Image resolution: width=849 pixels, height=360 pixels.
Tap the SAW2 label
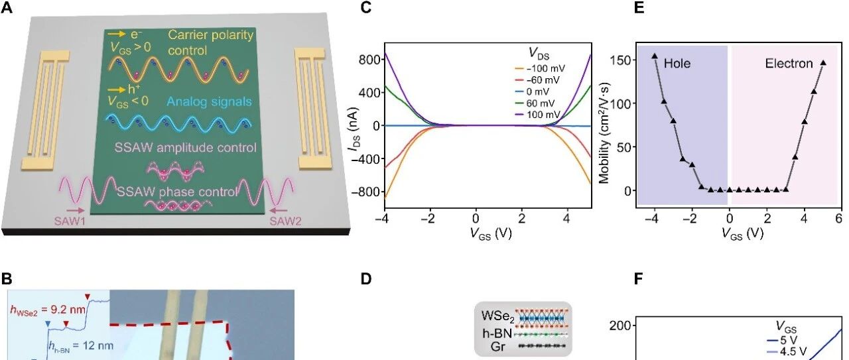click(x=287, y=222)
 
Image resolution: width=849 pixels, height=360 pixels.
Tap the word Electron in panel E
click(x=789, y=64)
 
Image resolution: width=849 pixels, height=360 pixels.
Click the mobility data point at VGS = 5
click(x=823, y=63)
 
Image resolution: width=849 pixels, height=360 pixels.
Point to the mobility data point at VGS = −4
click(x=655, y=56)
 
